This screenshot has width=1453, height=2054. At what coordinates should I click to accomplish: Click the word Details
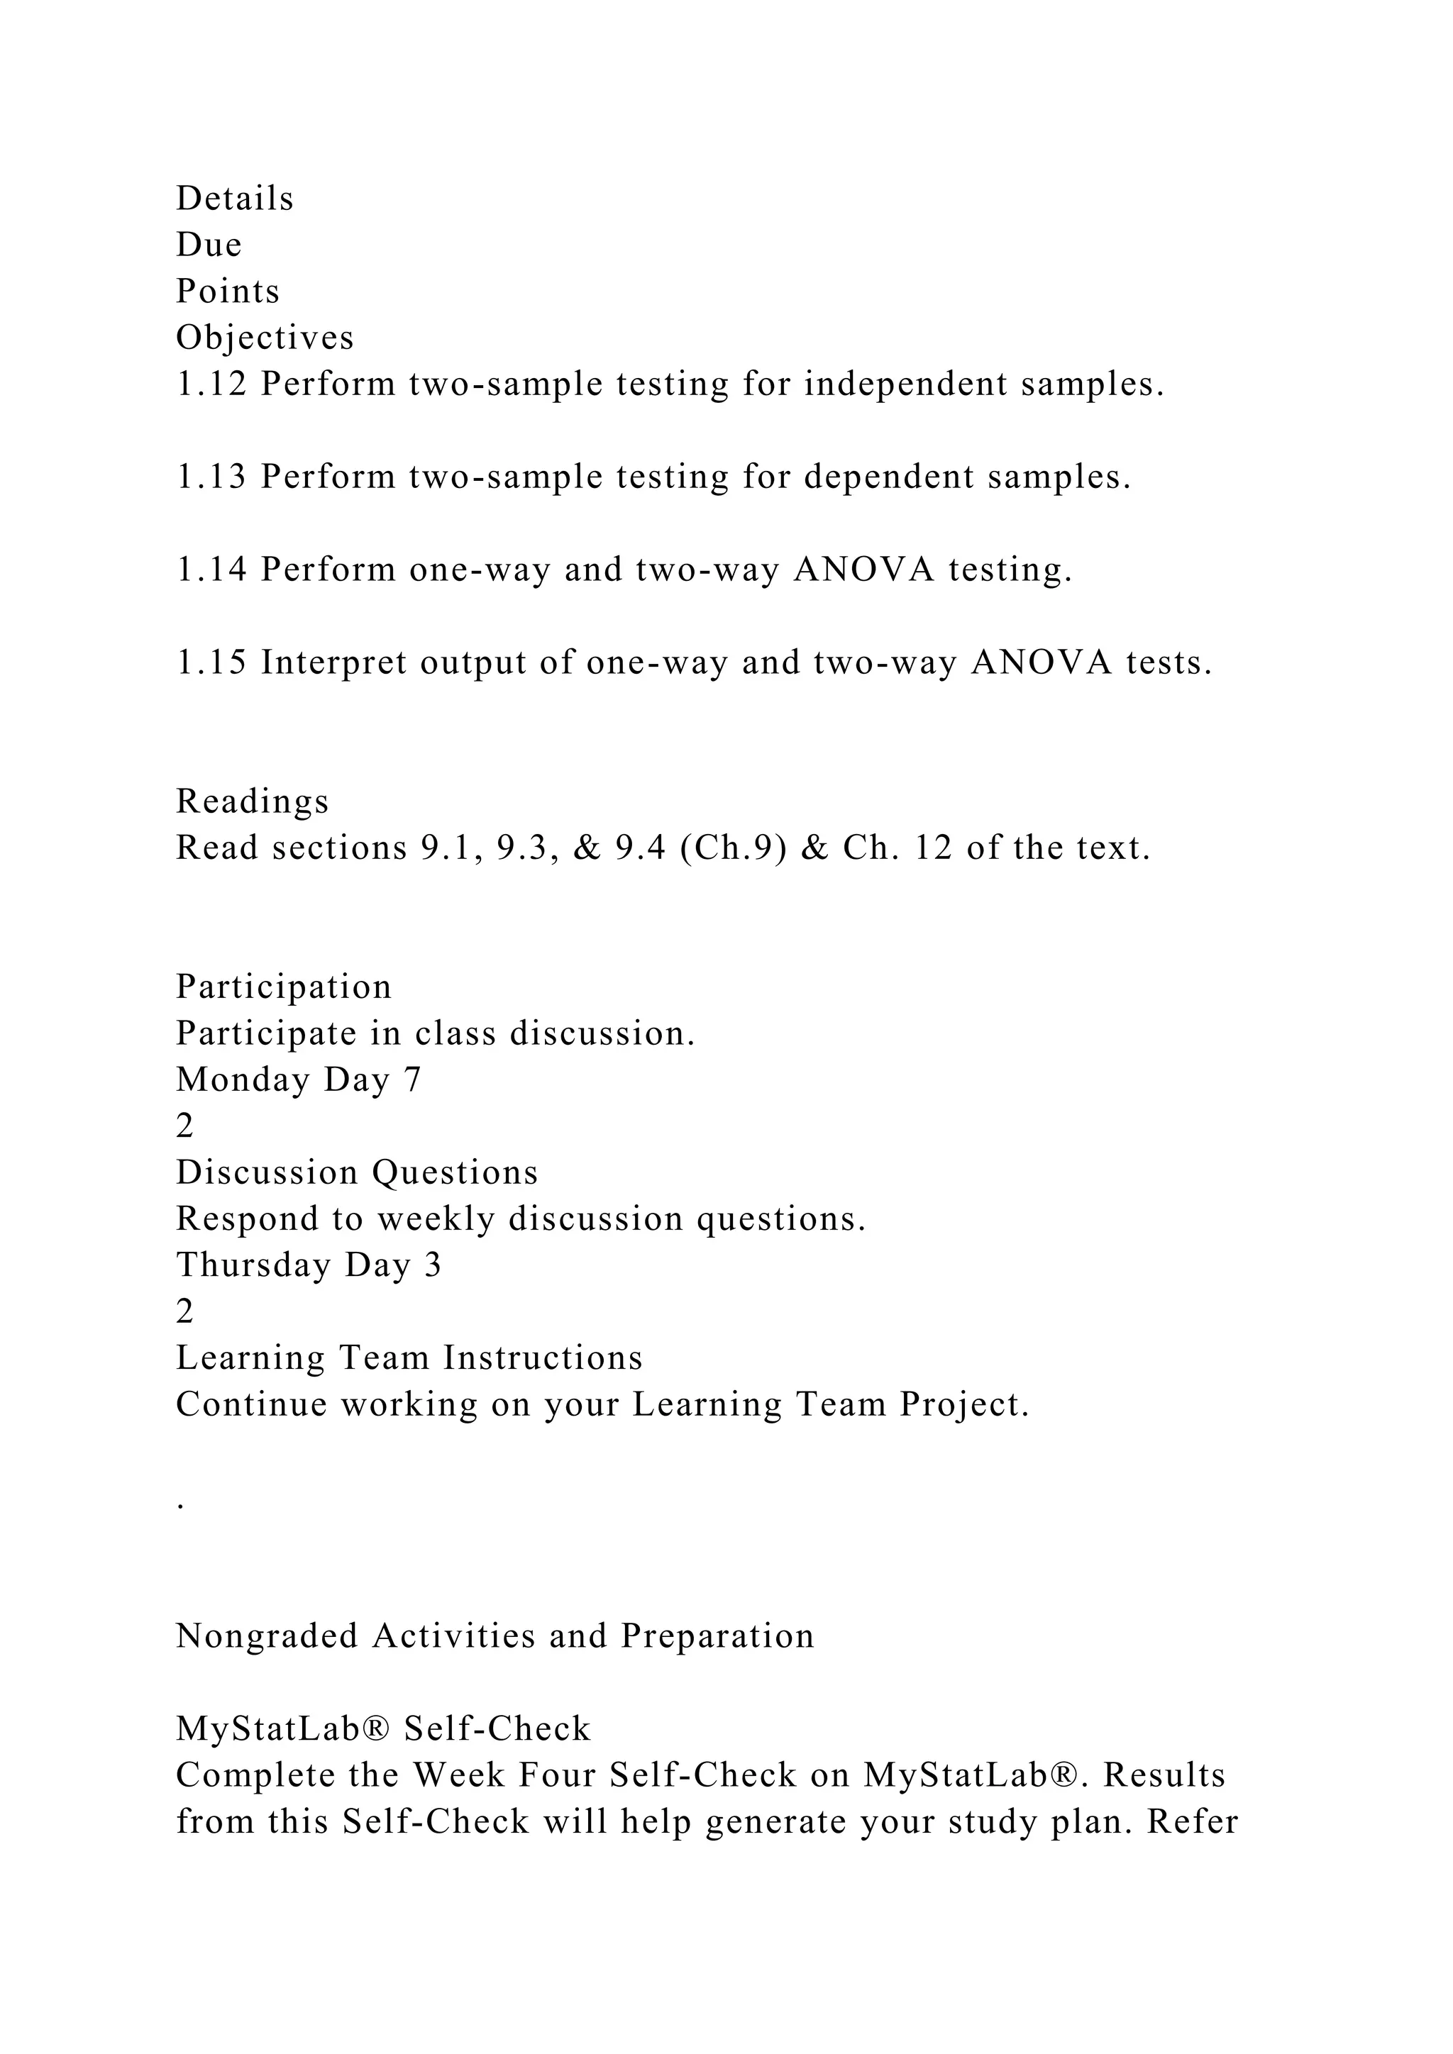234,199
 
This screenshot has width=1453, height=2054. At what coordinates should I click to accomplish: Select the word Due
209,245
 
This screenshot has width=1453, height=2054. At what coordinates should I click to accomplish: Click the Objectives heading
265,338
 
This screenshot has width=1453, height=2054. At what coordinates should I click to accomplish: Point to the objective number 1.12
211,384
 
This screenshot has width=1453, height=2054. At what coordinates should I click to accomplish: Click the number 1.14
211,570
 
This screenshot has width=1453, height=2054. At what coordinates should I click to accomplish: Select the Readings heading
253,801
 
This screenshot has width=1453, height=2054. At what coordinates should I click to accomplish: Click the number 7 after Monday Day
411,1079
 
